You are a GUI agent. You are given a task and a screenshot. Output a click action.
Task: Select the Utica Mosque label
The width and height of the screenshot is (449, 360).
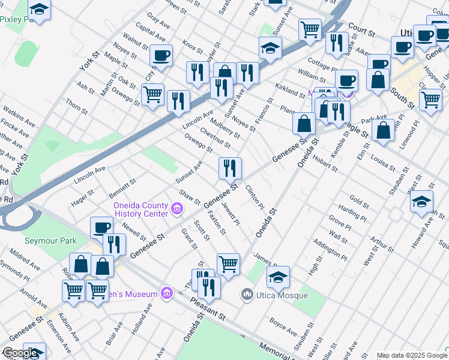(x=282, y=295)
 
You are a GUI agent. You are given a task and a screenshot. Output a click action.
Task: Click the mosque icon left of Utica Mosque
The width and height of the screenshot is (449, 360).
(x=246, y=295)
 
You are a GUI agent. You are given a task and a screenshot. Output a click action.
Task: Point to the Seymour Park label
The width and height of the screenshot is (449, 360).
(x=50, y=241)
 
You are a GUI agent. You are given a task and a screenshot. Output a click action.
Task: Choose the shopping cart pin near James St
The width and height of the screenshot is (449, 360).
(x=228, y=263)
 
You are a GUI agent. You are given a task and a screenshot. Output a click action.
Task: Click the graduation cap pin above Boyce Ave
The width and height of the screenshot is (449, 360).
(x=278, y=277)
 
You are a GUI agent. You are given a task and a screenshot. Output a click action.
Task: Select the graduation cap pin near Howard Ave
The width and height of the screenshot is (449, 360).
(x=422, y=200)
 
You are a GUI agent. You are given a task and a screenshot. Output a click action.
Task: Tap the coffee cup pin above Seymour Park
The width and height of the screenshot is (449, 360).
(x=101, y=228)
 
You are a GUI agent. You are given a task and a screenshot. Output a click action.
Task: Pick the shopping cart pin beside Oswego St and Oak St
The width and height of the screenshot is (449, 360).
(x=152, y=94)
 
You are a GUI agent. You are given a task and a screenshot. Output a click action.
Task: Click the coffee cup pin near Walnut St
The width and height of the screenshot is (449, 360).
(x=161, y=56)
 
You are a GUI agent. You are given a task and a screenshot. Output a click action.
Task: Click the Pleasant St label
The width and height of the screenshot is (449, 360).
(x=208, y=310)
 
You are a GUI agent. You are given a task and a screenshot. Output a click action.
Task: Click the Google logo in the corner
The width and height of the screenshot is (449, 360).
(x=20, y=353)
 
